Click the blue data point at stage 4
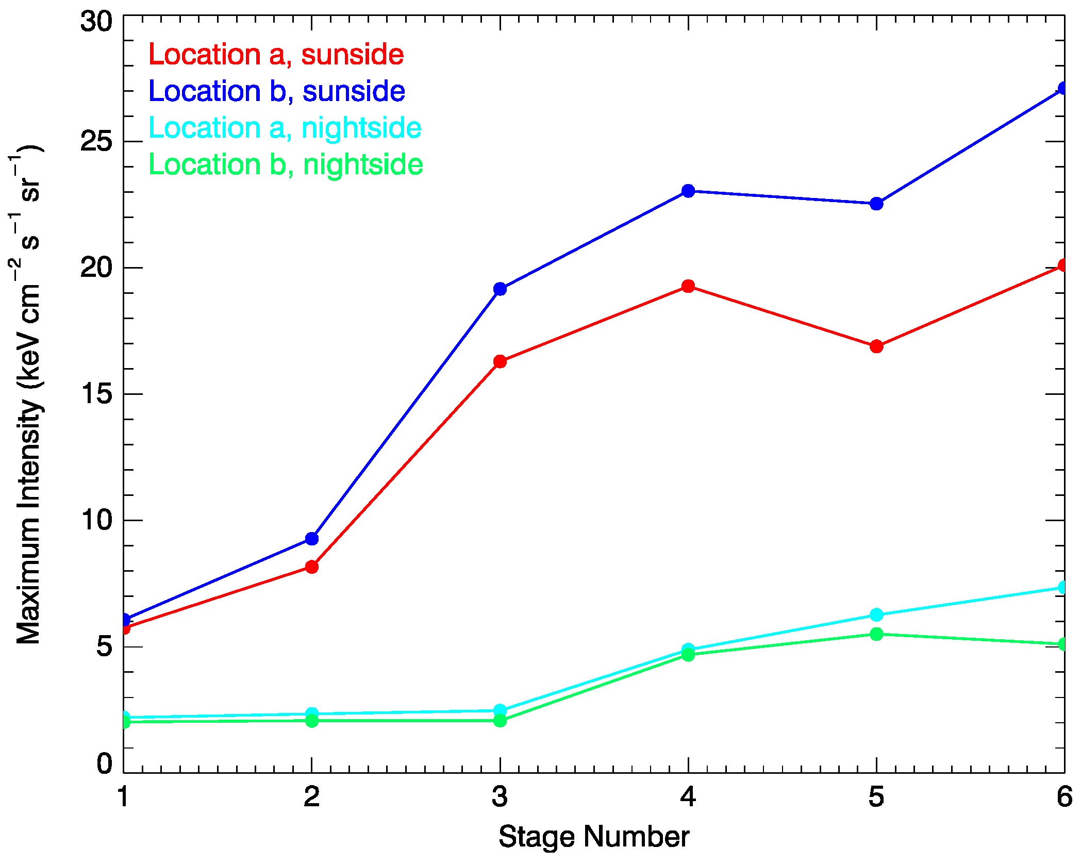pos(688,191)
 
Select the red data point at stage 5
pos(876,346)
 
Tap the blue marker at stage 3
pos(500,289)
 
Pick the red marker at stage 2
pos(312,567)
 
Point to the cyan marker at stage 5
pos(876,615)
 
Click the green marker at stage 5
pos(876,634)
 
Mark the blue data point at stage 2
pos(312,539)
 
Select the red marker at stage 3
pos(500,361)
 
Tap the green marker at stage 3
pos(500,720)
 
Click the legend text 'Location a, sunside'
pos(276,55)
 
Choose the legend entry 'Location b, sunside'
pos(277,91)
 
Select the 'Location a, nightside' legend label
pos(285,128)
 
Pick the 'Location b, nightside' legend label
pos(286,164)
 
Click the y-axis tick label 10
pos(96,519)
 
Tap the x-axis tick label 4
pos(688,797)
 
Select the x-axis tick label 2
pos(312,797)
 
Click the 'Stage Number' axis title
pos(594,837)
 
